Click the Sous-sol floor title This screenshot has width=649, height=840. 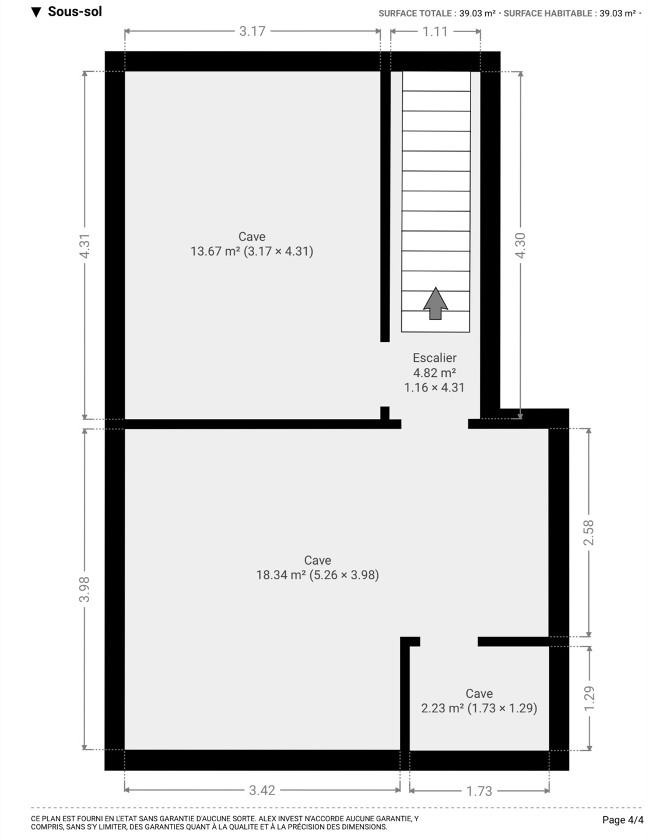click(x=75, y=12)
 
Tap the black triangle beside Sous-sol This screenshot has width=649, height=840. click(x=36, y=12)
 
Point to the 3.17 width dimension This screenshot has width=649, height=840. click(x=252, y=32)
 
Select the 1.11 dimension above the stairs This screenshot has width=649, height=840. click(x=435, y=32)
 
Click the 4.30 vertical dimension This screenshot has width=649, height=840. click(x=521, y=246)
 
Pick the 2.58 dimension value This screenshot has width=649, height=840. click(x=589, y=533)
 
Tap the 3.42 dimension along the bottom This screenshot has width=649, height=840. click(x=262, y=790)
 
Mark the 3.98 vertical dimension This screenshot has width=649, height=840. click(x=84, y=590)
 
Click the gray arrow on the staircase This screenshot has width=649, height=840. click(x=436, y=303)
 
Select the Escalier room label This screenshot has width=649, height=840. click(x=434, y=358)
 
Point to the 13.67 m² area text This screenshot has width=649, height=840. click(x=216, y=251)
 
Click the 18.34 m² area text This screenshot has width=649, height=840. click(x=281, y=575)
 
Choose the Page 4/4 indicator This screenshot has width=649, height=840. click(x=623, y=820)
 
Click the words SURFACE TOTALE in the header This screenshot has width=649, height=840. click(x=415, y=13)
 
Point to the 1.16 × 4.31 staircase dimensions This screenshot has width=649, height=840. click(x=434, y=387)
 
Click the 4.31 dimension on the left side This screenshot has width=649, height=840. click(x=84, y=246)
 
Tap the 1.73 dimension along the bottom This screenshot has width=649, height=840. click(x=479, y=791)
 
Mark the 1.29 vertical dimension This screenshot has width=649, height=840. click(x=590, y=698)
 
